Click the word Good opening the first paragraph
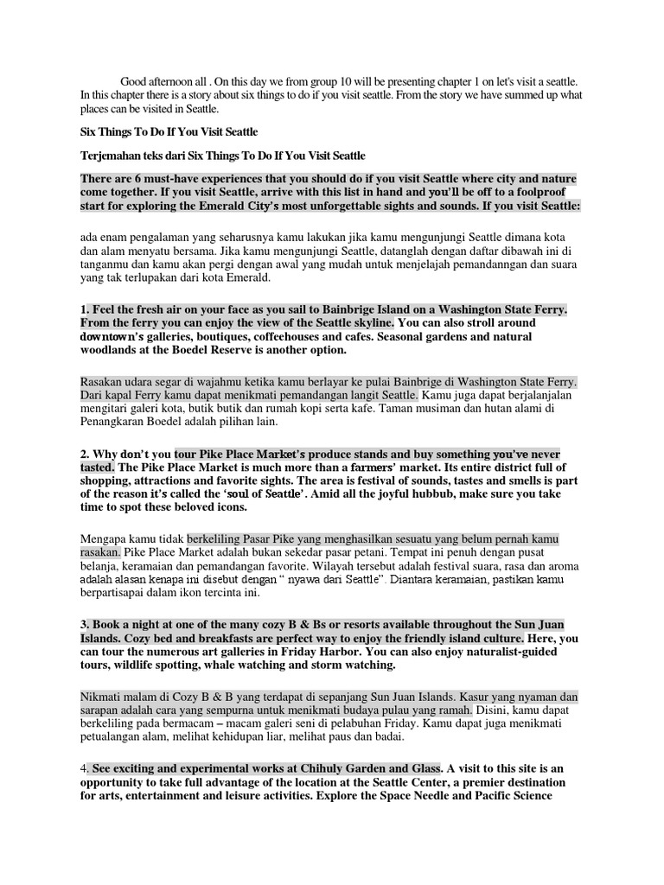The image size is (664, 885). point(135,80)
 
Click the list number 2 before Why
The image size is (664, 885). point(83,454)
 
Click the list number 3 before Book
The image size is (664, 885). point(83,624)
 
